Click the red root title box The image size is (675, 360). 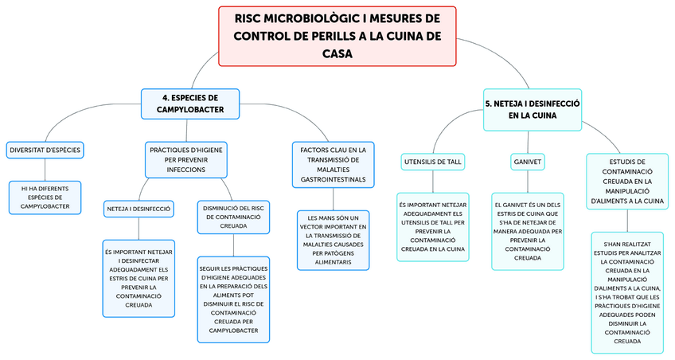[337, 36]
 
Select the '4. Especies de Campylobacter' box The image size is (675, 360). [190, 103]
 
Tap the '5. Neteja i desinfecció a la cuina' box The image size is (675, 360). [532, 109]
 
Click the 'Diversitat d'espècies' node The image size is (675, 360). [45, 150]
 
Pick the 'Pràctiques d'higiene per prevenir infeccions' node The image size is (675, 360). [186, 159]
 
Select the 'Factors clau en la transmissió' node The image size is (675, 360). [334, 165]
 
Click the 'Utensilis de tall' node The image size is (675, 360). [433, 162]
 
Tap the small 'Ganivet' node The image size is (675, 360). [527, 162]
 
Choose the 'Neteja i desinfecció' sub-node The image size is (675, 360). [139, 209]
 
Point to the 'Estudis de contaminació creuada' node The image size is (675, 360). [627, 181]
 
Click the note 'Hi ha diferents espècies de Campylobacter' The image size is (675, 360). [45, 198]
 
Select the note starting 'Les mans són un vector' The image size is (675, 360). [334, 239]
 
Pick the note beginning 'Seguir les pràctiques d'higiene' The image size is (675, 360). [233, 299]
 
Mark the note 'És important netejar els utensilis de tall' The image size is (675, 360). [433, 226]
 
